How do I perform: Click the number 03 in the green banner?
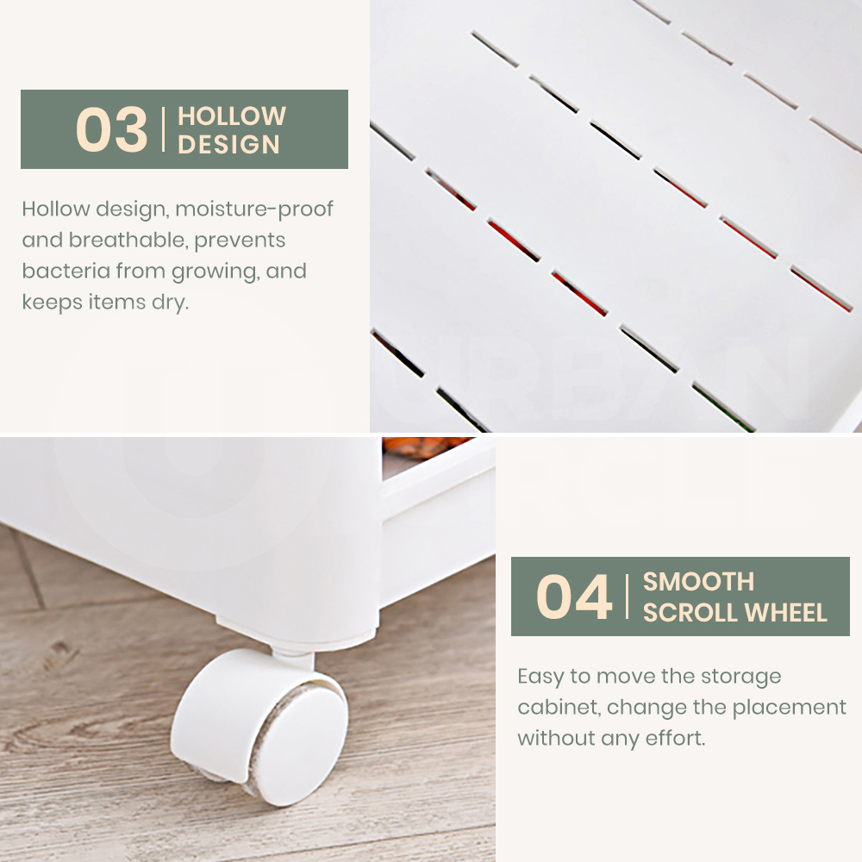coord(111,129)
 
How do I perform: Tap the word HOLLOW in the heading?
coord(231,116)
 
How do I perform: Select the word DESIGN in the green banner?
coord(228,145)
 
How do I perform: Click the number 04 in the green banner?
coord(574,597)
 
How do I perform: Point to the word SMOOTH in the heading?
coord(698,582)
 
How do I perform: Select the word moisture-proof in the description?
coord(254,209)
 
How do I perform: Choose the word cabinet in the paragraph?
coord(562,707)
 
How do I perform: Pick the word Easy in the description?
coord(540,677)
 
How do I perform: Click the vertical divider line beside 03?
coord(163,129)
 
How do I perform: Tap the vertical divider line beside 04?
coord(628,597)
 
